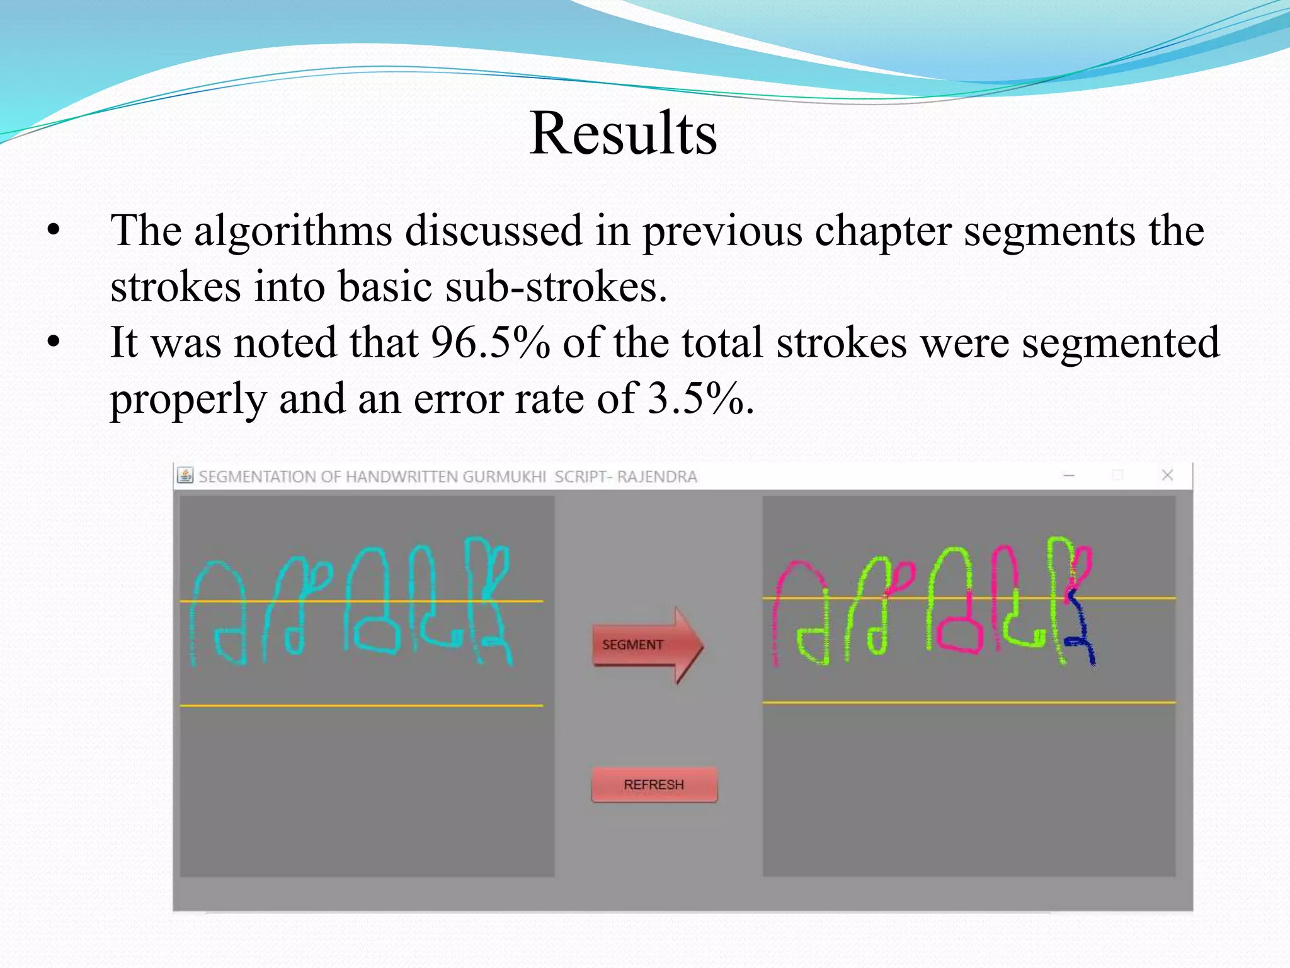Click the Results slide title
coord(623,133)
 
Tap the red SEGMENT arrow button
coord(646,645)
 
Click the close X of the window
coord(1167,475)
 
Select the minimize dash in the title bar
coord(1069,475)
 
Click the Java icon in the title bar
coord(185,476)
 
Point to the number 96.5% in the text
coord(490,343)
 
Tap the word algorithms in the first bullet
coord(293,231)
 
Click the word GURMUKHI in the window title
coord(504,477)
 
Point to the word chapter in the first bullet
coord(883,231)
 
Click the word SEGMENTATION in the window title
coord(258,477)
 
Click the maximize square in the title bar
coord(1118,475)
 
